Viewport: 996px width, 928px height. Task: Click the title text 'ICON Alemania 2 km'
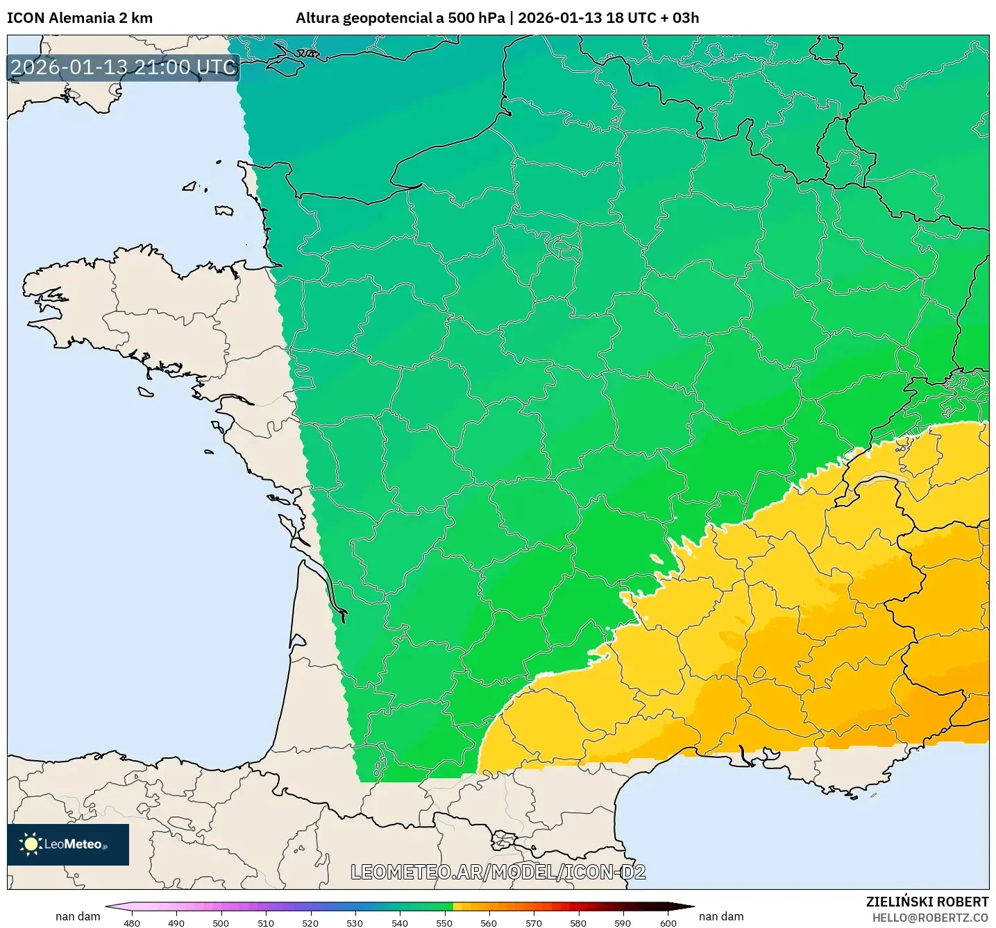80,18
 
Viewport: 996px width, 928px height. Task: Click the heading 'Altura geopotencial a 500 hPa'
400,18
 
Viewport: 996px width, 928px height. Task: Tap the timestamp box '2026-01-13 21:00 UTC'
124,67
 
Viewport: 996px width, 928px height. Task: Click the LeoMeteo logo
68,844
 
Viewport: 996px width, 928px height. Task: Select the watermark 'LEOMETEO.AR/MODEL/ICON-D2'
498,872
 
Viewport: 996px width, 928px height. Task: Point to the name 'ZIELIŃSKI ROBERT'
927,902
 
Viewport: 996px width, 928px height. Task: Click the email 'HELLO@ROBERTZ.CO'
930,918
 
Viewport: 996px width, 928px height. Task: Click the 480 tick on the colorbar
131,922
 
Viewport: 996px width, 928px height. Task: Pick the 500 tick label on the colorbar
221,922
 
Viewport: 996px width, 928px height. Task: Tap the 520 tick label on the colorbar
310,922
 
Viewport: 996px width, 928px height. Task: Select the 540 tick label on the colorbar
400,922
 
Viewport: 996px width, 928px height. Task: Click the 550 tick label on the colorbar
444,922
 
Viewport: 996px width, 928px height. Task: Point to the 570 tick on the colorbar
534,922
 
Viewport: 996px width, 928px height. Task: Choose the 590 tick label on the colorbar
623,922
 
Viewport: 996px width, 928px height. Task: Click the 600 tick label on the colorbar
668,922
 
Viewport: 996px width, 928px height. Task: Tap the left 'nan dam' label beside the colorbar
78,916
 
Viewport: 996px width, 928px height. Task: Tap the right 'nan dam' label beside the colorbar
721,916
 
